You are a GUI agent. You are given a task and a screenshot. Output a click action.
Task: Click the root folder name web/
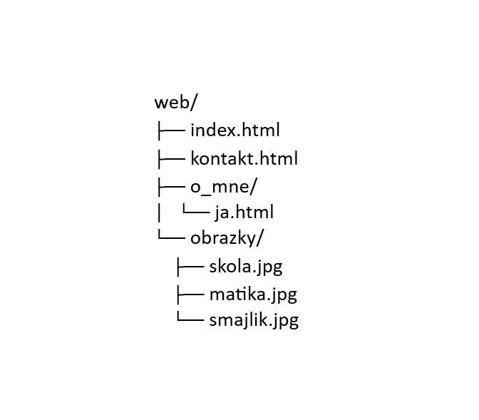coord(176,102)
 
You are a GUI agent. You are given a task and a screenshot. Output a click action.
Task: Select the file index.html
coord(235,130)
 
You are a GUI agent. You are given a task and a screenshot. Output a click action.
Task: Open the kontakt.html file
coord(244,158)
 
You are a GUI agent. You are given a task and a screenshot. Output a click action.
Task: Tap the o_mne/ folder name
coord(224,186)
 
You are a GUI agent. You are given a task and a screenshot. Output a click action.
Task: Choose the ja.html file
coord(244,212)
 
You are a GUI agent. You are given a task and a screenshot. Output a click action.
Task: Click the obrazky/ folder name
coord(227,238)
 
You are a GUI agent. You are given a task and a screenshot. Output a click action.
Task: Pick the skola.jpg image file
coord(246,266)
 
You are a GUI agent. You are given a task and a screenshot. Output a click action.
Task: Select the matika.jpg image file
coord(253,294)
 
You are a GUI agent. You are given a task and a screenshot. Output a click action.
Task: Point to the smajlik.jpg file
coord(254,320)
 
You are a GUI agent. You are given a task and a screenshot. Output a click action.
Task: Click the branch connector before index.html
coord(171,130)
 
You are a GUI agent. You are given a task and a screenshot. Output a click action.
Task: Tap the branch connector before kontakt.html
coord(171,159)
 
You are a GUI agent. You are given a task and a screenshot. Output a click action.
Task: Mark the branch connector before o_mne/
coord(171,187)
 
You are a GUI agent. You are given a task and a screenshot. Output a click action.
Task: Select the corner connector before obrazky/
coord(171,234)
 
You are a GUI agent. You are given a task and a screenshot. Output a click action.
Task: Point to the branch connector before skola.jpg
coord(190,267)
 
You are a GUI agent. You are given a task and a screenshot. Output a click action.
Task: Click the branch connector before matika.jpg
coord(190,295)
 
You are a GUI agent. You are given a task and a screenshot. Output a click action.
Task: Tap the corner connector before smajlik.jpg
coord(190,316)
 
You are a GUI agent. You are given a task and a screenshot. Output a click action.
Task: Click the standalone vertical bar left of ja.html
coord(158,212)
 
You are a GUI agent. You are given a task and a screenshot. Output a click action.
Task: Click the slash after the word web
coord(194,102)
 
